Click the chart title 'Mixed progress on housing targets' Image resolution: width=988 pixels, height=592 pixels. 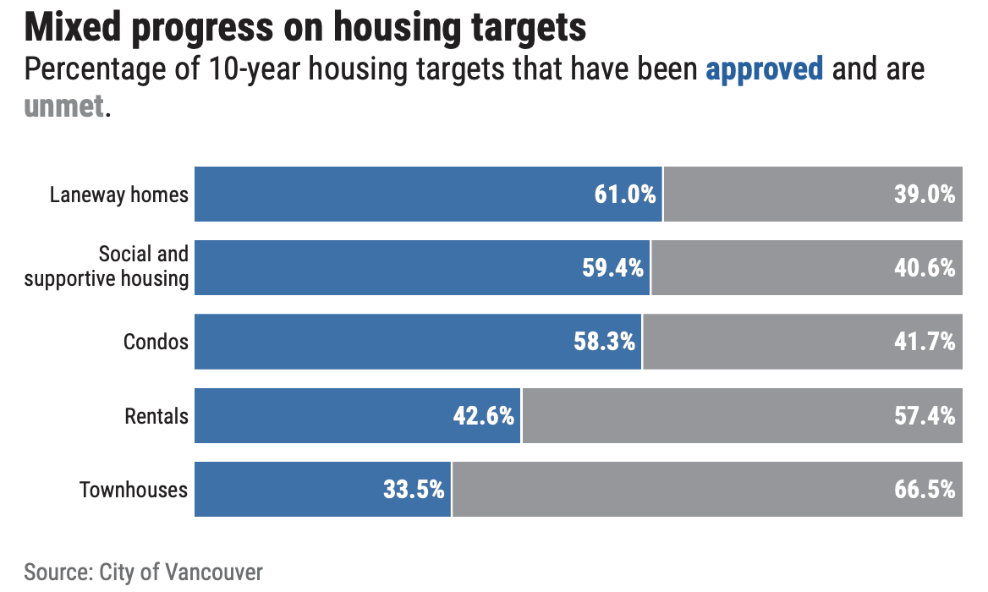[305, 27]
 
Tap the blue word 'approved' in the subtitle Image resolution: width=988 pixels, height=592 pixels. [764, 69]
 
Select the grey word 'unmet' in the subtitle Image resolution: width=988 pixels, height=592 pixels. [64, 107]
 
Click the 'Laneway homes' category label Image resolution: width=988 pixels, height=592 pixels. [118, 195]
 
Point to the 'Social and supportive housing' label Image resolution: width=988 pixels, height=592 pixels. [107, 266]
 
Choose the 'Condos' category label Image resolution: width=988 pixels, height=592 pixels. [156, 342]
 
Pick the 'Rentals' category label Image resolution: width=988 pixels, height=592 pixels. [156, 416]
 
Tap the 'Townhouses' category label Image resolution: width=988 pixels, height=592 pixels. [134, 490]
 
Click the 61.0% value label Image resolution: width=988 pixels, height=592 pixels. [624, 195]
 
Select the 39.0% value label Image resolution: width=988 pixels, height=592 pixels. [925, 195]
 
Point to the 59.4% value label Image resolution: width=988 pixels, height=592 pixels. [612, 268]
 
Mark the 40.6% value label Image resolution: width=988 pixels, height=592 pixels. [925, 268]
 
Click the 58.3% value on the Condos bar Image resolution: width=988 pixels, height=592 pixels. [604, 342]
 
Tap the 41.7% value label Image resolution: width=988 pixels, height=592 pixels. [925, 342]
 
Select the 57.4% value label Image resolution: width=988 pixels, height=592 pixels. [925, 416]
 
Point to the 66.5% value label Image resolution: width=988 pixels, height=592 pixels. [925, 490]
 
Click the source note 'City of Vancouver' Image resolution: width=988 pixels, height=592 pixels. [181, 572]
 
